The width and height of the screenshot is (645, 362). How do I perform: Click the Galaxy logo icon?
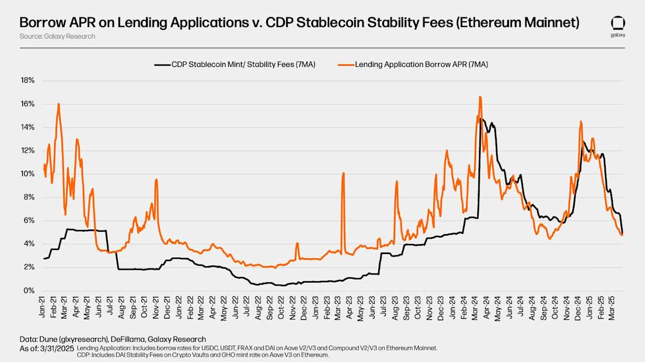(617, 23)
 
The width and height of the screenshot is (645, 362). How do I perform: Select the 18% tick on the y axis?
(28, 80)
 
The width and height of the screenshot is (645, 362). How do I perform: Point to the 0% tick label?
(30, 290)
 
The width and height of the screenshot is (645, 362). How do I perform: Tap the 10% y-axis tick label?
(28, 174)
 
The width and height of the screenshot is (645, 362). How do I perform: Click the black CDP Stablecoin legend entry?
(235, 64)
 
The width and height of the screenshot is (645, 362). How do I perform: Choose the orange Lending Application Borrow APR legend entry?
(413, 64)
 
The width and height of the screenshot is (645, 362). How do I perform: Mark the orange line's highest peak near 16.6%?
(480, 97)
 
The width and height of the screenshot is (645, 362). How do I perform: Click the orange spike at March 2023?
(343, 173)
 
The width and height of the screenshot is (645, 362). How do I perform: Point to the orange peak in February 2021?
(59, 104)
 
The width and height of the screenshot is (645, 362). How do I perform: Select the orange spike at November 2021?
(157, 180)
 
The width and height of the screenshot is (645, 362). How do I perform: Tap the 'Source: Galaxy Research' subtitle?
(57, 36)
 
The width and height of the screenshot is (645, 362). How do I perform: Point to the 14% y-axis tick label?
(28, 127)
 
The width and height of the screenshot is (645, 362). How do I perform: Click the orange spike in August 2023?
(397, 182)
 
